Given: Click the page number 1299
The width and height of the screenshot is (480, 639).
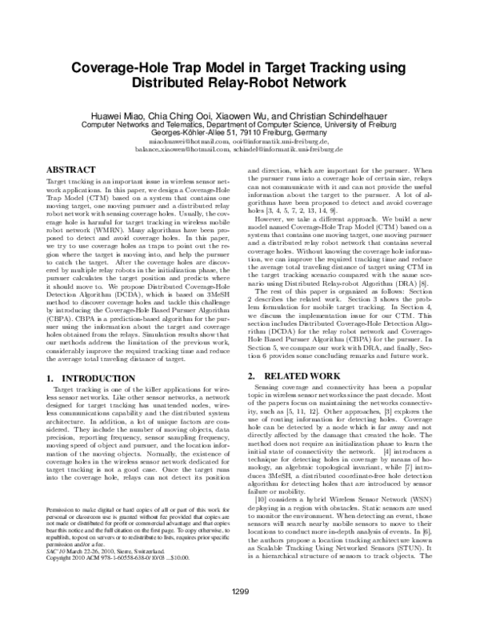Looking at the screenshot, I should tap(240, 613).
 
